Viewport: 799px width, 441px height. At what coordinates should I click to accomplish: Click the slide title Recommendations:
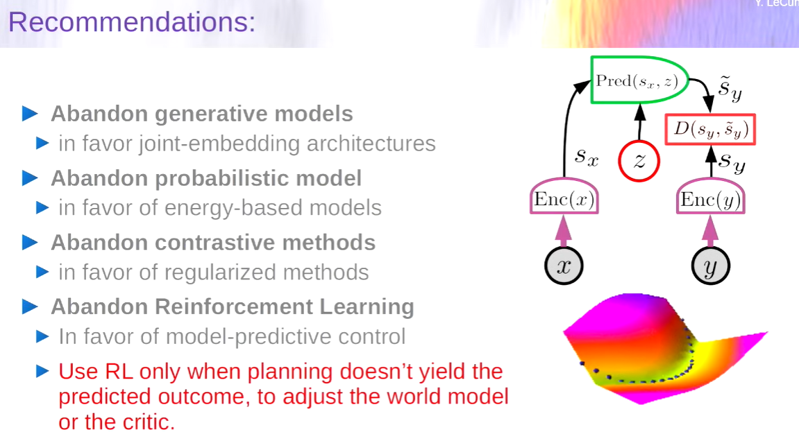(132, 22)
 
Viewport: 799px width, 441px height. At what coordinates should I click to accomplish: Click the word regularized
(221, 273)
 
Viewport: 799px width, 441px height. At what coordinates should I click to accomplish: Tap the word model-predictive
(242, 336)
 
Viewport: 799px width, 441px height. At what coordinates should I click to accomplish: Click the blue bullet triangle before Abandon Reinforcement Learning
(30, 307)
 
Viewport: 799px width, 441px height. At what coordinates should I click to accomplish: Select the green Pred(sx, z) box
(639, 80)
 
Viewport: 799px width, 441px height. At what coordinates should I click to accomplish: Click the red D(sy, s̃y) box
(710, 130)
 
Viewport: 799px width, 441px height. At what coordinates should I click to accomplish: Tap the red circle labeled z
(639, 161)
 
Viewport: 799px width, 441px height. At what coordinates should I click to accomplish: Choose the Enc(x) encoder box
(564, 196)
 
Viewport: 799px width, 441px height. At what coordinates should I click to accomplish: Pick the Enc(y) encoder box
(710, 196)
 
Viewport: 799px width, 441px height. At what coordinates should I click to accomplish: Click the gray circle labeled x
(564, 266)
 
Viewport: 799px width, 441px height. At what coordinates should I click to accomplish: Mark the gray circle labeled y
(710, 266)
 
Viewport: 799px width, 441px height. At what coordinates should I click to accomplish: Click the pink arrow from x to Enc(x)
(563, 231)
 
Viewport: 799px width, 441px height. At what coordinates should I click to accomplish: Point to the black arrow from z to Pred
(639, 122)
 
